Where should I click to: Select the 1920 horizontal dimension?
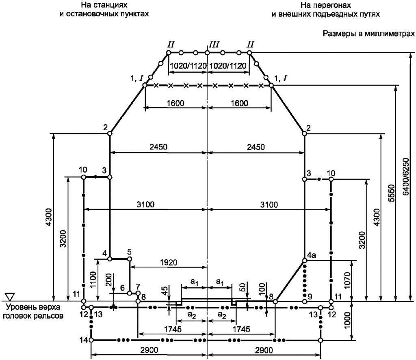click(169, 263)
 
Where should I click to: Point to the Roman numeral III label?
click(214, 45)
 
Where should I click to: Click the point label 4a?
click(312, 255)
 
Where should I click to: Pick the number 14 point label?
click(84, 340)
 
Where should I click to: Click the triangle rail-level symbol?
click(11, 297)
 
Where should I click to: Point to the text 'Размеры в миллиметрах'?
click(368, 34)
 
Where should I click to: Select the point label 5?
click(129, 252)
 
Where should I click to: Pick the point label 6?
click(122, 288)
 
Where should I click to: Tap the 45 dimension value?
click(165, 291)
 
